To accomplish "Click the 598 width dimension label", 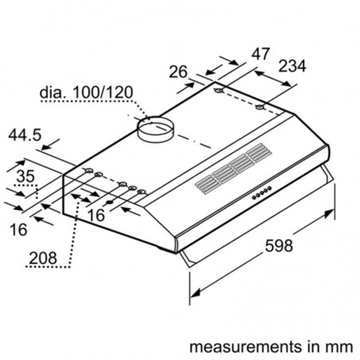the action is click(279, 245).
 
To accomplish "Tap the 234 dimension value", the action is click(292, 66).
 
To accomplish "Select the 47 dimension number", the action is click(260, 54).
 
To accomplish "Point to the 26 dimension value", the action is click(178, 72).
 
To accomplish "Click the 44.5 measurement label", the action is click(25, 135).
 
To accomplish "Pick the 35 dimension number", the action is click(25, 176).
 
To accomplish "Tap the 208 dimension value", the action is click(43, 258).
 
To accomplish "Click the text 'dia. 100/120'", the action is click(86, 92).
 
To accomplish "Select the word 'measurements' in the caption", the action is click(245, 346).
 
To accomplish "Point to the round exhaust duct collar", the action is click(155, 129).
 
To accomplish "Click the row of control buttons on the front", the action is click(261, 193).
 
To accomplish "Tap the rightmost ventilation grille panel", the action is click(259, 153).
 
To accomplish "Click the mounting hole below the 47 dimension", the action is click(219, 91).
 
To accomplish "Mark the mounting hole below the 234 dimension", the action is click(260, 108).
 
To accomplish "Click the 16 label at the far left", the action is click(18, 229).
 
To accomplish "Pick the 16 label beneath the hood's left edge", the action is click(96, 215).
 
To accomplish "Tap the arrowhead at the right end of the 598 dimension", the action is click(330, 213).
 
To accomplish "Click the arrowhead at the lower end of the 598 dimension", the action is click(195, 293).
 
